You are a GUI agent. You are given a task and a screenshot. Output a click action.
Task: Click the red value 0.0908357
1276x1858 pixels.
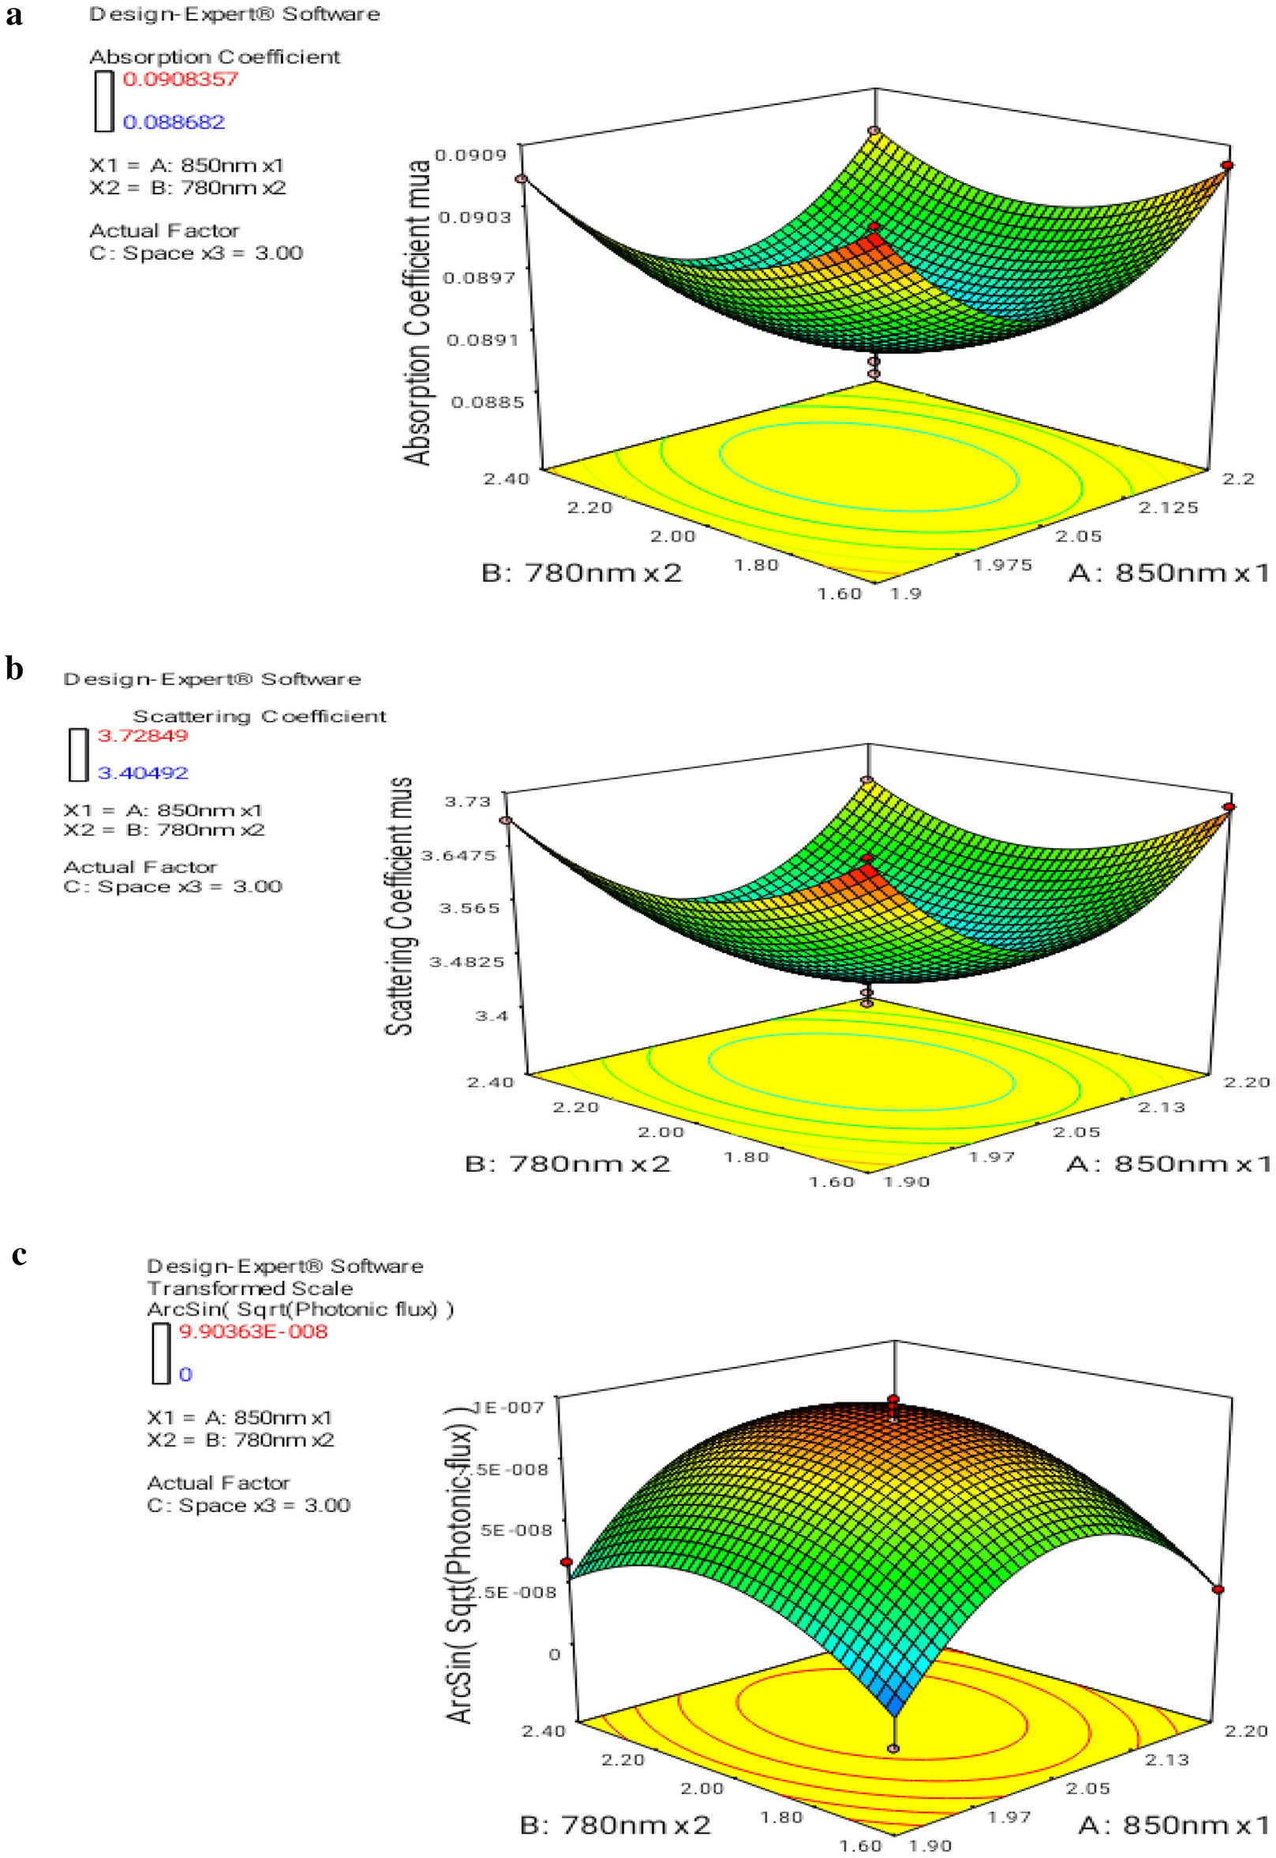pos(180,79)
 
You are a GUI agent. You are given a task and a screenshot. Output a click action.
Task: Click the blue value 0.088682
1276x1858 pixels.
pos(174,122)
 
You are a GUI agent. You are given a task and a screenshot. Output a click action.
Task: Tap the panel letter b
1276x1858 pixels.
pos(14,669)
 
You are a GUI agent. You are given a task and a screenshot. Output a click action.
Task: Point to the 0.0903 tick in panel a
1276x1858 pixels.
pos(477,216)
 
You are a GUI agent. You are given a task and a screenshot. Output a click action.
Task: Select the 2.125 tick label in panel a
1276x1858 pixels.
pos(1168,507)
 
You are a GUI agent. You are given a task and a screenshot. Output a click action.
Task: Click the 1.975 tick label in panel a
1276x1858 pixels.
pos(1002,565)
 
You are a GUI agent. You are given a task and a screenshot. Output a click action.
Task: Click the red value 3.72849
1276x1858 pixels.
pos(142,735)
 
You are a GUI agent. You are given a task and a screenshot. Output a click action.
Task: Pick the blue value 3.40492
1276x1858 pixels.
pos(142,772)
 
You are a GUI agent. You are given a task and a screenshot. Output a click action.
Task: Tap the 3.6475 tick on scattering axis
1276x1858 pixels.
pos(459,855)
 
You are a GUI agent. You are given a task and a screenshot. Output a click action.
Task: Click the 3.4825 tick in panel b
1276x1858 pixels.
pos(467,962)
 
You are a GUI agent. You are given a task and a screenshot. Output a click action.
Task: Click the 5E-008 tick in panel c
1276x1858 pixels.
pos(515,1530)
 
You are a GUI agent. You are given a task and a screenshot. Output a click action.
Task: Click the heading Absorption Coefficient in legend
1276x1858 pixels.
pos(215,58)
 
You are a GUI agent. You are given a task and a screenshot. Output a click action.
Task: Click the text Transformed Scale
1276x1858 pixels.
pos(249,1289)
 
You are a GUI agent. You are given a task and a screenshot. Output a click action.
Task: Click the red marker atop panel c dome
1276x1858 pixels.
pos(893,1400)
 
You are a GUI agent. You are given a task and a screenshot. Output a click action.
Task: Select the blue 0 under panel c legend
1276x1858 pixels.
pos(185,1374)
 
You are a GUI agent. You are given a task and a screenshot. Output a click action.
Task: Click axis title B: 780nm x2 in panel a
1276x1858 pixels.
pos(582,572)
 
